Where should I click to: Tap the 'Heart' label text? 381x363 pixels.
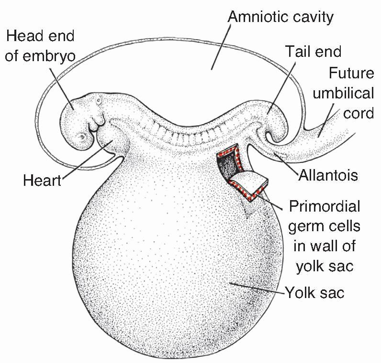(x=42, y=181)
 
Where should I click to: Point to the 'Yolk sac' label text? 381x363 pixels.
(x=314, y=292)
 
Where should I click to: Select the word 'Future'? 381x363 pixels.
(x=351, y=74)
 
